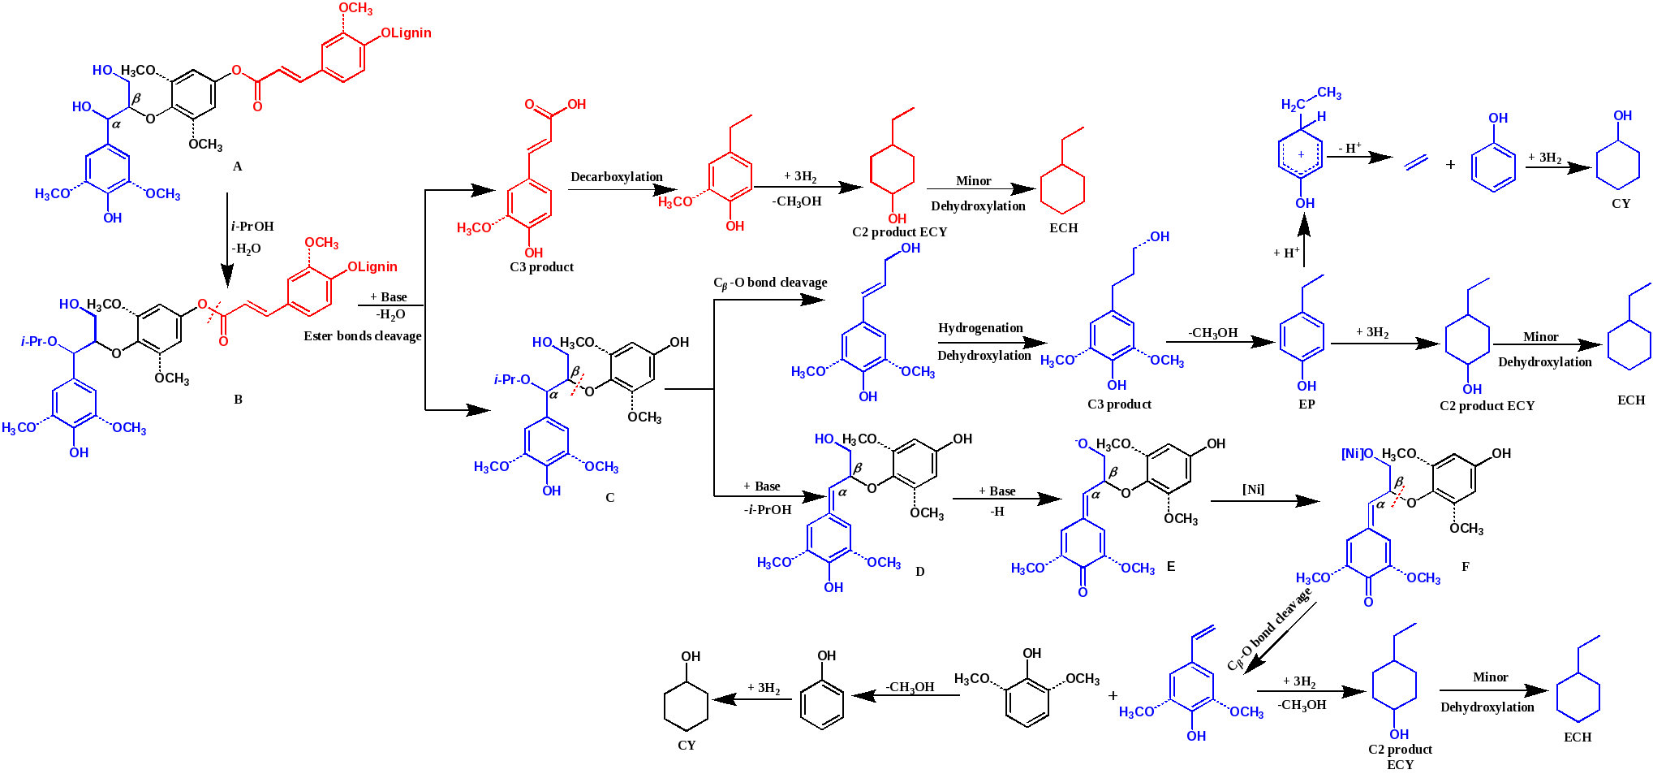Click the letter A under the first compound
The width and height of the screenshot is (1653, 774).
tap(238, 166)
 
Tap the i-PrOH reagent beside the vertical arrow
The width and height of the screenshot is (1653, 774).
tap(252, 226)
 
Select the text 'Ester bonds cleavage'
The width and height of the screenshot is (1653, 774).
tap(363, 336)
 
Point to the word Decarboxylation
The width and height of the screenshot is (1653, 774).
tap(617, 177)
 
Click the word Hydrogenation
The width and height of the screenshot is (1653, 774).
tap(980, 328)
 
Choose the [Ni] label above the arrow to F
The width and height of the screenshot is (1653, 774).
tap(1254, 489)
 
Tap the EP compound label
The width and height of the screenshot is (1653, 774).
tap(1306, 404)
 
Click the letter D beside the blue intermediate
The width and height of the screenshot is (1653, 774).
tap(920, 571)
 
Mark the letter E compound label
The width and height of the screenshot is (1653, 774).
tap(1171, 566)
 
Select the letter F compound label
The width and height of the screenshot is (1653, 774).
tap(1466, 566)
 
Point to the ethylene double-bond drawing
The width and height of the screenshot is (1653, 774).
tap(1416, 162)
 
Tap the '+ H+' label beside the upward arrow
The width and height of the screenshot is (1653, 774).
tap(1287, 253)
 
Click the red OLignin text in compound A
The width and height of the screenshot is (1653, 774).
tap(406, 33)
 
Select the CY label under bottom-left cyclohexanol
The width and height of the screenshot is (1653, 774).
tap(687, 745)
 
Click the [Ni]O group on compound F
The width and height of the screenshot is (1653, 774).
tap(1357, 454)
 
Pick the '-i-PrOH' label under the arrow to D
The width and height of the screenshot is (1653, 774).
tap(767, 510)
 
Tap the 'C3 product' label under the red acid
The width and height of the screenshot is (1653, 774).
tap(542, 266)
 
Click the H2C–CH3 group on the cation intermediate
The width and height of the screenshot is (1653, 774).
tap(1311, 99)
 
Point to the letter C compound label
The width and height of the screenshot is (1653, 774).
tap(610, 497)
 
